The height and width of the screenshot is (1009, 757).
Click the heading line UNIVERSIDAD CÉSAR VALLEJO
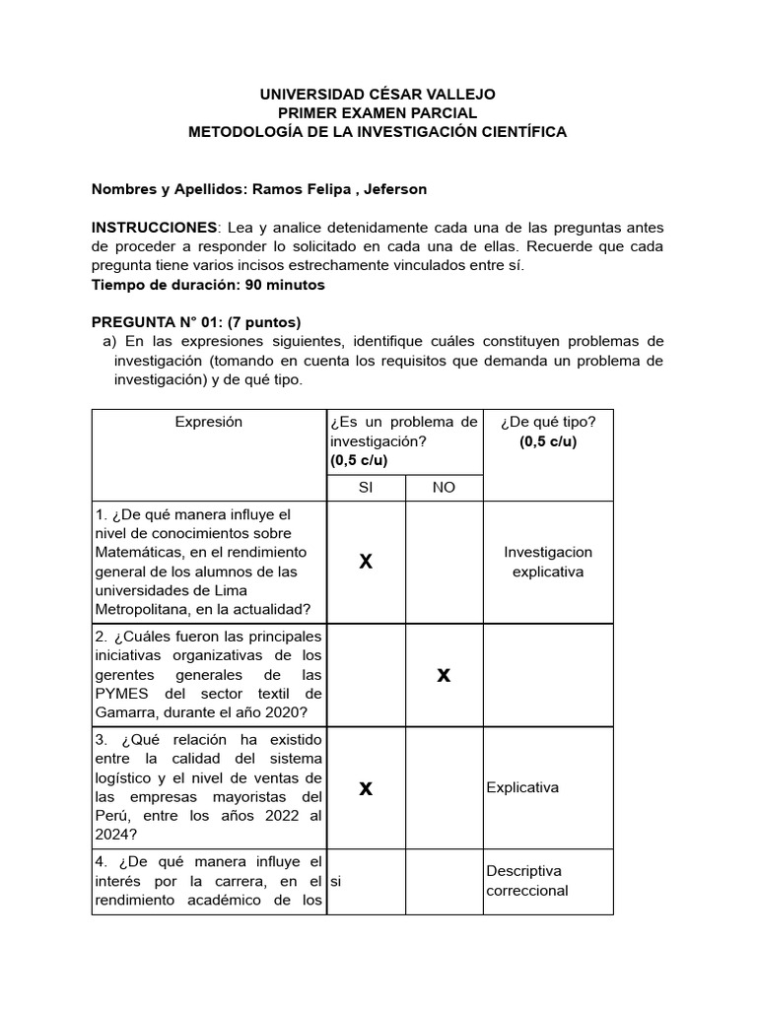click(x=378, y=95)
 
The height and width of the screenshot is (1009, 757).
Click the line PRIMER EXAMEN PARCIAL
click(x=378, y=113)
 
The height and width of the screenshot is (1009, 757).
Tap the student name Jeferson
click(x=395, y=188)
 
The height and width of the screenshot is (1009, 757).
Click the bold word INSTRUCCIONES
click(x=153, y=227)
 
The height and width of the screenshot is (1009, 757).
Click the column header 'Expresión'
click(x=208, y=422)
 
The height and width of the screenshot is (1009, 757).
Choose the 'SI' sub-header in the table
click(x=366, y=488)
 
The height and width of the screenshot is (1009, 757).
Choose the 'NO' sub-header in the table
click(x=444, y=488)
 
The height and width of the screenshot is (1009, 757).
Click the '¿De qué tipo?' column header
click(x=547, y=422)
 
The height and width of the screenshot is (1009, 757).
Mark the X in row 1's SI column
click(x=366, y=562)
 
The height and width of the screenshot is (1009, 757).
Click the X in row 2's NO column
click(x=444, y=675)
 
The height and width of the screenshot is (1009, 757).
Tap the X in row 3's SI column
click(x=366, y=788)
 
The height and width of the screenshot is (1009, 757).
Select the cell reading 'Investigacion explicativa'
click(x=547, y=562)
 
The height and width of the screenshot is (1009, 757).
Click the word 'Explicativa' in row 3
click(x=521, y=787)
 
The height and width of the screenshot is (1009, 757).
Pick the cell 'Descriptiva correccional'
click(x=527, y=881)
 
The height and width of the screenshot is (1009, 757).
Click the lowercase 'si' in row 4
click(x=335, y=881)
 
